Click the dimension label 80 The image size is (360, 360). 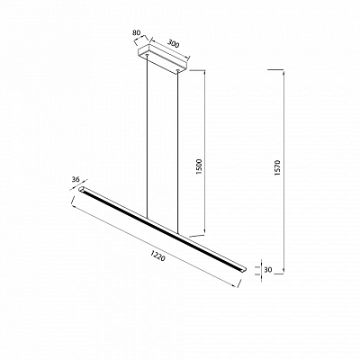136,33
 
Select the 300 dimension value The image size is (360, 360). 173,44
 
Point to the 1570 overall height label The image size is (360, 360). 277,168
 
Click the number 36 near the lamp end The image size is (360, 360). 76,180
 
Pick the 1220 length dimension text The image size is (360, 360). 157,256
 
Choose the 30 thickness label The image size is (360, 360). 268,270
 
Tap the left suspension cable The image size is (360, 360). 147,137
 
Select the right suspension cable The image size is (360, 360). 177,152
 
